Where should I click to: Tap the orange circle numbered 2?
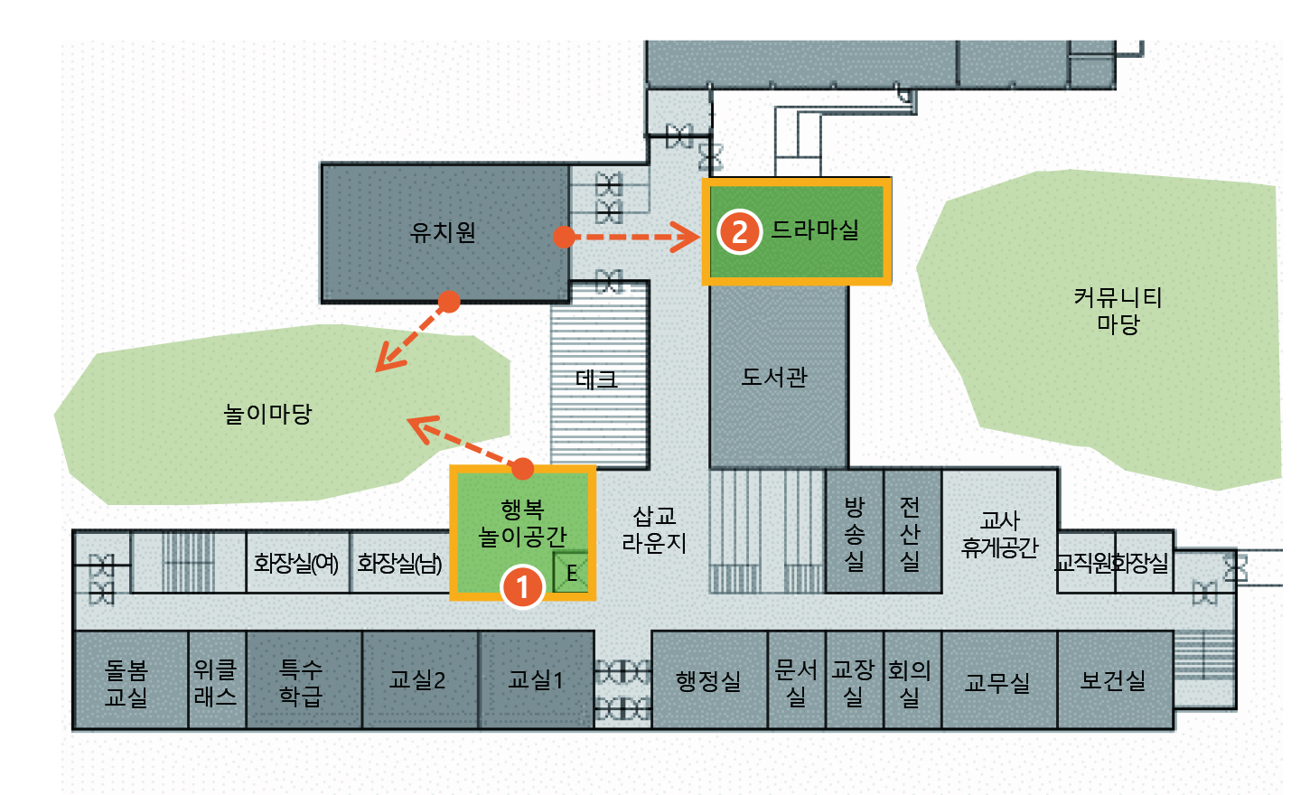[739, 232]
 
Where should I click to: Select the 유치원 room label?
[443, 232]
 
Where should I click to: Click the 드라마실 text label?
[815, 229]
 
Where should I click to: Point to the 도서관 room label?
[774, 376]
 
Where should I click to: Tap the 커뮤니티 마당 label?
[1118, 310]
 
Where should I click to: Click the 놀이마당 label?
[267, 414]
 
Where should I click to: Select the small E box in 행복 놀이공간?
[571, 572]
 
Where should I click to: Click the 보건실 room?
[1113, 680]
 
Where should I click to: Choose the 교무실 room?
[997, 682]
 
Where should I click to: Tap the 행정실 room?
[708, 680]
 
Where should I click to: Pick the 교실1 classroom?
[536, 679]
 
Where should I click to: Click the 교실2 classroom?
[417, 679]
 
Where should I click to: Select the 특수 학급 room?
[301, 682]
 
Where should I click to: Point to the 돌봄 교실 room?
[126, 683]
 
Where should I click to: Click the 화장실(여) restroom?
[295, 564]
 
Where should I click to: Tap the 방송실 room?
[854, 533]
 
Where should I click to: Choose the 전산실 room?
[910, 533]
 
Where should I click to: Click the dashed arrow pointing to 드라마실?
[632, 238]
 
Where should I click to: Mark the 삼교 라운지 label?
[654, 529]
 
